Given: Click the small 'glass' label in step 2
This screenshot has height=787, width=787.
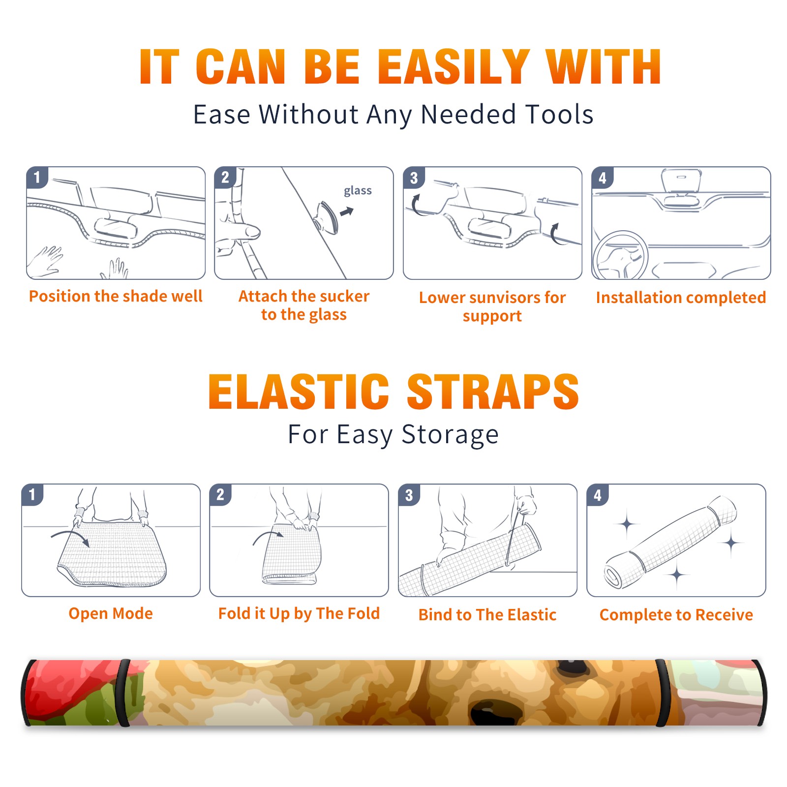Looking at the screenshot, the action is point(358,191).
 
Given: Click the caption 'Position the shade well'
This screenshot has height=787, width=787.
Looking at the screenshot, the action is point(116,296).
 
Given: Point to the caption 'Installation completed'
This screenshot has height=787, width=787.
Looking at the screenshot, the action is point(681,297).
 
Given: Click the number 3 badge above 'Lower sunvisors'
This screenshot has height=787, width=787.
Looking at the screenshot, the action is point(414,178).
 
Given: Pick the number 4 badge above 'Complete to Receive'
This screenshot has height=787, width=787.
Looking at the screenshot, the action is point(598,495).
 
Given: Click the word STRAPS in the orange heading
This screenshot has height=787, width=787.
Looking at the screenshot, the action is point(493,392).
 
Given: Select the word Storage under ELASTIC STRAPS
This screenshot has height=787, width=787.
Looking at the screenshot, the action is point(450,435).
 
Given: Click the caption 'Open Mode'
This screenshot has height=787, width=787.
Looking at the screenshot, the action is point(111,613).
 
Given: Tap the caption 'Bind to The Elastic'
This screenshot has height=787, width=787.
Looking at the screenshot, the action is point(487,615).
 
